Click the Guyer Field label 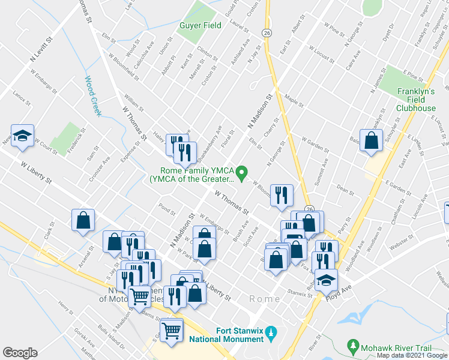(200, 25)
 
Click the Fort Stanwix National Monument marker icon (271, 331)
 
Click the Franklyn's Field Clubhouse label (416, 100)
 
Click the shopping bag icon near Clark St (83, 220)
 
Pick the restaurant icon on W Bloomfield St (281, 195)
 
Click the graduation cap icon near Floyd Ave (326, 280)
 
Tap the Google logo (20, 353)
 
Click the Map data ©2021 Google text (412, 355)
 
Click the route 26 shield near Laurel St (267, 32)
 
